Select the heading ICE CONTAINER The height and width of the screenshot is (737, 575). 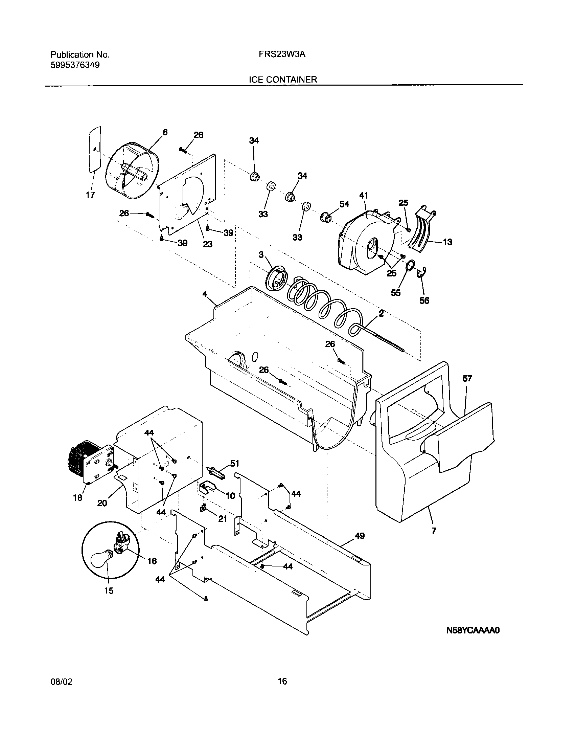tap(283, 80)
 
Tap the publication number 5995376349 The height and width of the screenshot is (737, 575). tap(75, 65)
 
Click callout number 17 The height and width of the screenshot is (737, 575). tap(90, 195)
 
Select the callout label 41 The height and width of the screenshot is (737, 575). tap(364, 196)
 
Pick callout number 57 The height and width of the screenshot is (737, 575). tap(467, 379)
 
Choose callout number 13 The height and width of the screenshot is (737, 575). tap(447, 242)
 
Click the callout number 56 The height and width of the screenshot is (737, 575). tap(424, 300)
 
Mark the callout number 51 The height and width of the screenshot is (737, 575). tap(234, 463)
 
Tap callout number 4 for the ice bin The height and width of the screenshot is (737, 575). tap(205, 294)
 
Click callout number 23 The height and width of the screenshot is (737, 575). tap(207, 244)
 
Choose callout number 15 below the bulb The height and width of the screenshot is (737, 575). tap(109, 591)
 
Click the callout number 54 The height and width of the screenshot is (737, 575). tap(344, 204)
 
